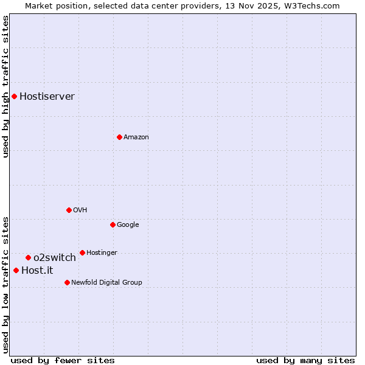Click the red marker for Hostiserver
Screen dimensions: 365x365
click(14, 96)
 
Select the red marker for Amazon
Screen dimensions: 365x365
click(119, 137)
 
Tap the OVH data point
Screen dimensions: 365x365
click(69, 210)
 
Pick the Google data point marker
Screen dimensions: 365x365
click(113, 224)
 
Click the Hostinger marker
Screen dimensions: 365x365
click(82, 252)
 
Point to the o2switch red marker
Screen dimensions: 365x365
click(28, 257)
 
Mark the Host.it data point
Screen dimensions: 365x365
click(16, 270)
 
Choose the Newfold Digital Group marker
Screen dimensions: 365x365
click(67, 282)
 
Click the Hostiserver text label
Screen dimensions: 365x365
click(47, 96)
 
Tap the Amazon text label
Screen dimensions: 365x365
click(136, 137)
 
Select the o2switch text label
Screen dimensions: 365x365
click(55, 257)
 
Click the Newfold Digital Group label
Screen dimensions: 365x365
click(106, 282)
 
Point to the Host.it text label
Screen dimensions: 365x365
click(37, 270)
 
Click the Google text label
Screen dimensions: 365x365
click(128, 224)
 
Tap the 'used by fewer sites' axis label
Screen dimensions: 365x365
click(63, 360)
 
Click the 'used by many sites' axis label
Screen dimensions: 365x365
click(305, 360)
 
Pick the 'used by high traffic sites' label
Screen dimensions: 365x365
click(5, 86)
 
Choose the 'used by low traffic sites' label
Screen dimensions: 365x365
click(5, 284)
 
